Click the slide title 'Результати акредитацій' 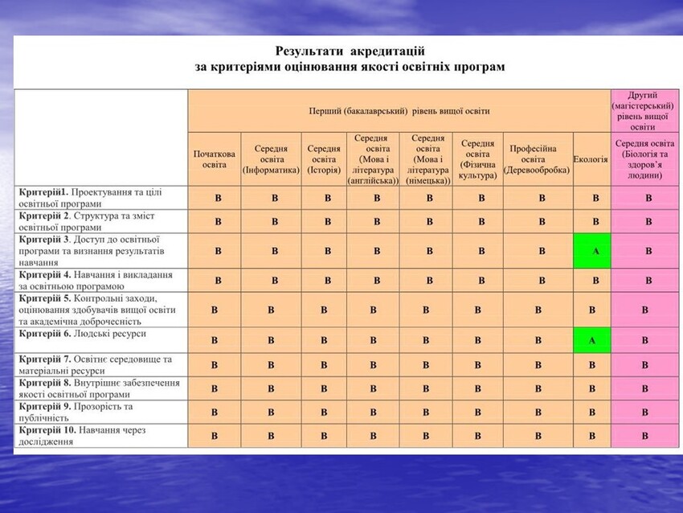pos(350,51)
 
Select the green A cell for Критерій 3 pos(595,252)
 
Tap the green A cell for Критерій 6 pos(591,340)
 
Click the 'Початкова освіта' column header pos(215,159)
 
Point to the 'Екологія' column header pos(591,159)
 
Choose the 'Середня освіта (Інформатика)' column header pos(272,159)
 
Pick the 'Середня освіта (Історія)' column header pos(324,159)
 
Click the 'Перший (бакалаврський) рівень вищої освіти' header pos(399,111)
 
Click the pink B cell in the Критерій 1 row pos(648,198)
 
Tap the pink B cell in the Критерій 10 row pos(644,436)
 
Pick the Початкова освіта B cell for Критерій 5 pos(214,310)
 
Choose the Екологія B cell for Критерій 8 pos(591,388)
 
